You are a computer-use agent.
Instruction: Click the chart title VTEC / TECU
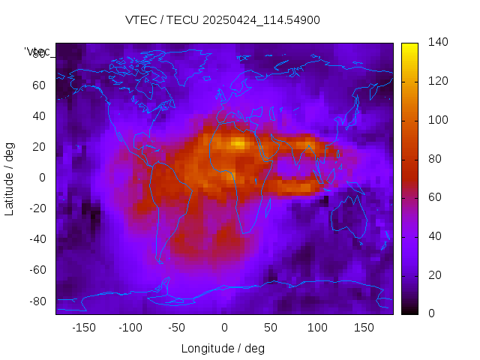(223, 20)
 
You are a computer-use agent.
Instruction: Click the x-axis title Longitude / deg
(223, 349)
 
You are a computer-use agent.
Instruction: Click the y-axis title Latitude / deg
(10, 177)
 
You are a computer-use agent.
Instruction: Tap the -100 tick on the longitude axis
(130, 328)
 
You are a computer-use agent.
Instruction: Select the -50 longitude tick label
(177, 328)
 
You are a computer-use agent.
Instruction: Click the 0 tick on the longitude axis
(224, 328)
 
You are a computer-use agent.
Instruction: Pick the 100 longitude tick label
(317, 328)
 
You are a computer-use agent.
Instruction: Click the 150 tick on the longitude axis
(364, 328)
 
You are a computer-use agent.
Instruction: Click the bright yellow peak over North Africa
(238, 142)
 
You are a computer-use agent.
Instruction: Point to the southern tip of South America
(160, 261)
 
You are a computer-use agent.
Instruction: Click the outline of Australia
(349, 217)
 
